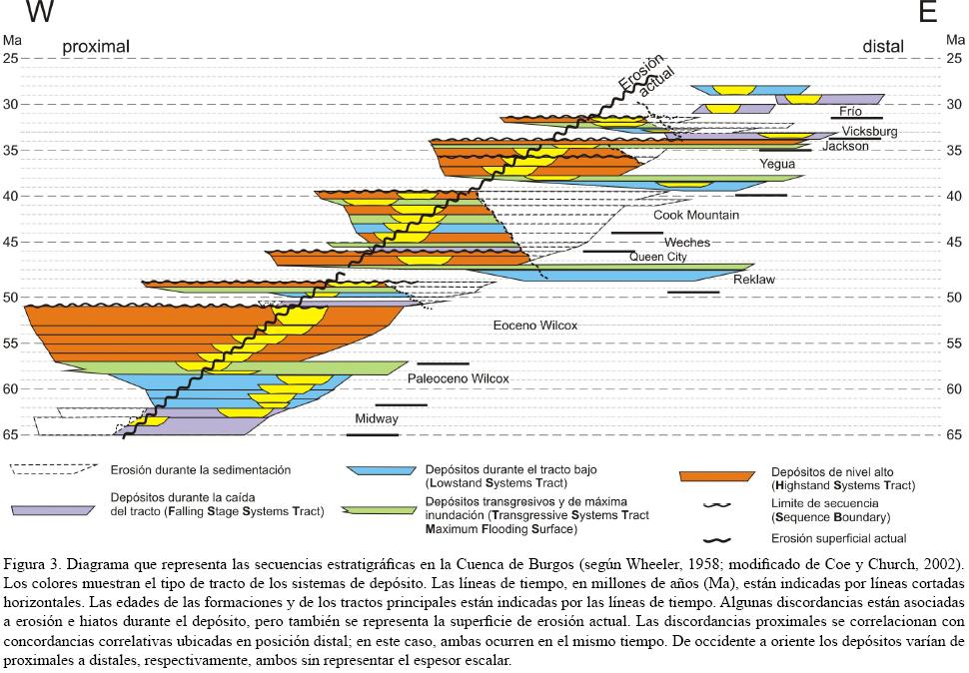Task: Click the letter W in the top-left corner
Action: coord(40,12)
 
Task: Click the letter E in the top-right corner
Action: coord(927,12)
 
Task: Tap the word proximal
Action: coord(96,47)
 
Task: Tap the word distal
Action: coord(883,47)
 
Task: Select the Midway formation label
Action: coord(376,419)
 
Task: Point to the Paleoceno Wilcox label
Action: coord(458,379)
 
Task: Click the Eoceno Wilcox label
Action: coord(535,326)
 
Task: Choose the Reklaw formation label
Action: coord(753,280)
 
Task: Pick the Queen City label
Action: coord(658,257)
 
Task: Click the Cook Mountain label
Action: coord(696,215)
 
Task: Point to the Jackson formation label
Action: coord(845,146)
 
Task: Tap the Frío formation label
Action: coord(850,112)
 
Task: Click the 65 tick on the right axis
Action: coord(954,434)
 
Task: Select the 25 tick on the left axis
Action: coord(11,58)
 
